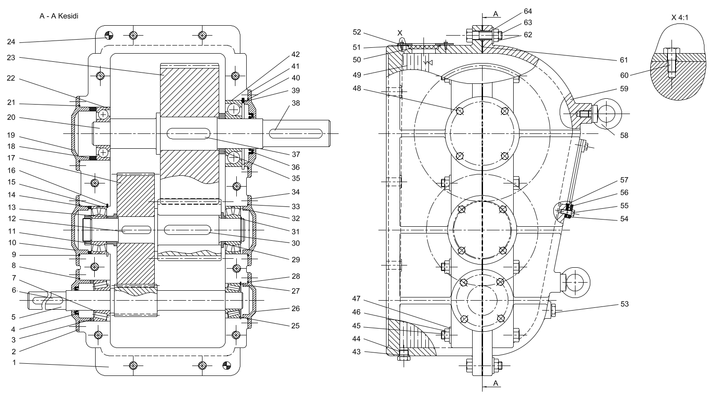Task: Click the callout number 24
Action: pos(11,42)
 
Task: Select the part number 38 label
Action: pos(295,103)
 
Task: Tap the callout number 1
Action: pos(14,362)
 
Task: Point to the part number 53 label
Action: pos(624,304)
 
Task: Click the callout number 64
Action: pos(528,11)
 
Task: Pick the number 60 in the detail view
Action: pos(624,75)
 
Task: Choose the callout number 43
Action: pos(356,352)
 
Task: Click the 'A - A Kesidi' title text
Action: pos(59,16)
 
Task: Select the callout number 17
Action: pos(11,158)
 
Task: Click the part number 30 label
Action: pos(295,243)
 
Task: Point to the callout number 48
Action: pos(357,89)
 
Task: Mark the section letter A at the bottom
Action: pos(496,383)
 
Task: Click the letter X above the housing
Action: pos(400,33)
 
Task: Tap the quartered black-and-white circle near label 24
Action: pos(108,36)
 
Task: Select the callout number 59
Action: pos(624,89)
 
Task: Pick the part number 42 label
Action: pos(295,55)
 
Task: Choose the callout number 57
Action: pos(624,180)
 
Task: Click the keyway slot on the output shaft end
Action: pos(295,133)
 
